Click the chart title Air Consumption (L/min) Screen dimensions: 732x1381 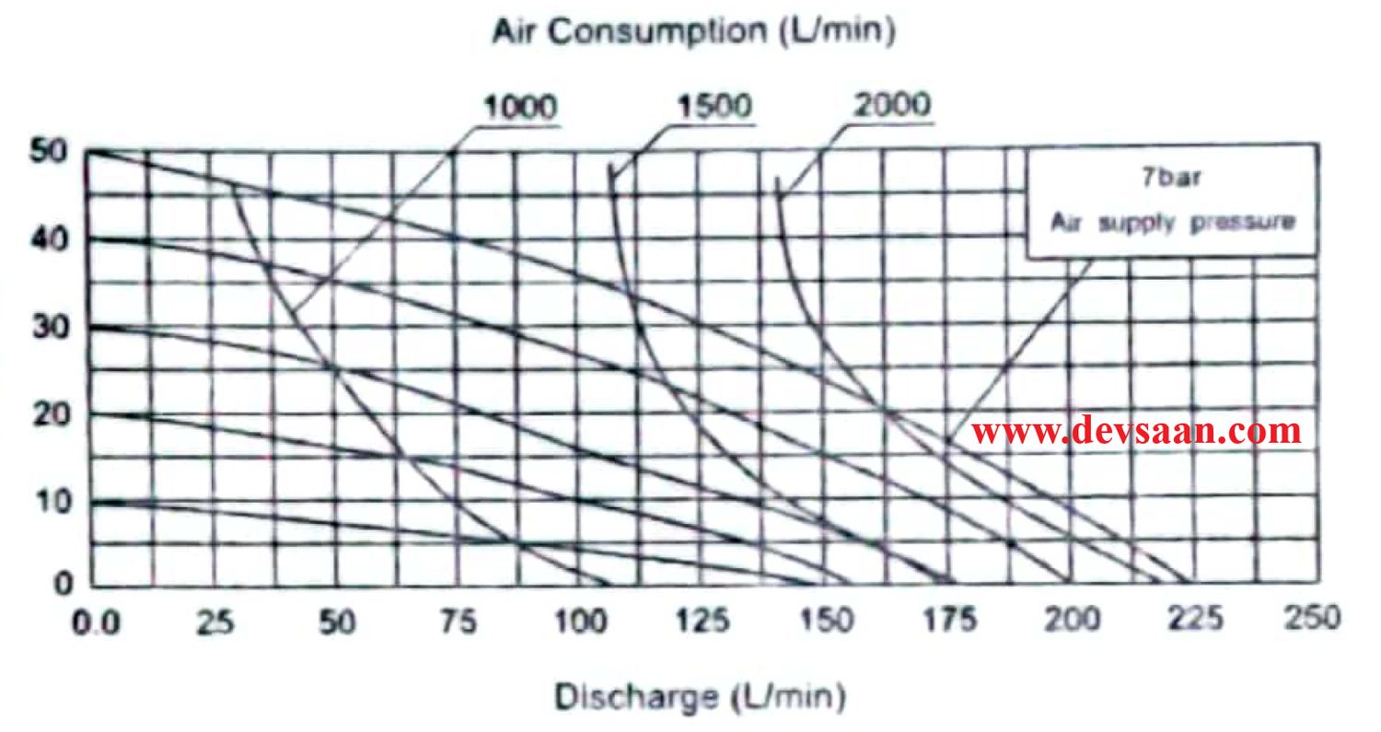pyautogui.click(x=693, y=31)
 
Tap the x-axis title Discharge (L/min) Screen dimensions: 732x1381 pyautogui.click(x=699, y=697)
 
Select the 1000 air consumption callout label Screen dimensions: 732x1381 pyautogui.click(x=520, y=108)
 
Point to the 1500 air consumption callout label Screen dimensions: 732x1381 pyautogui.click(x=714, y=107)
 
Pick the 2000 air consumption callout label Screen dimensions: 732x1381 pyautogui.click(x=892, y=105)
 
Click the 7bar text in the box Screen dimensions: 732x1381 pyautogui.click(x=1171, y=178)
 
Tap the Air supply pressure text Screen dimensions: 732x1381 pyautogui.click(x=1173, y=222)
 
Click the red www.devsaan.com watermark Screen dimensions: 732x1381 pyautogui.click(x=1137, y=430)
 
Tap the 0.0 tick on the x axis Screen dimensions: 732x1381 pyautogui.click(x=97, y=622)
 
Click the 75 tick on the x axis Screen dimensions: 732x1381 pyautogui.click(x=458, y=622)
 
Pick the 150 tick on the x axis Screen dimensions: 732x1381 pyautogui.click(x=825, y=622)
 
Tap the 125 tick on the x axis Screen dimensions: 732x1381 pyautogui.click(x=702, y=622)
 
